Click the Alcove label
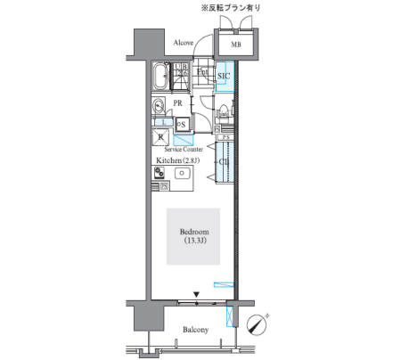click(184, 42)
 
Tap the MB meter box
click(236, 44)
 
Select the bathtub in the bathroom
click(161, 78)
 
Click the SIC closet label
click(225, 78)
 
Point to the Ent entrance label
click(203, 71)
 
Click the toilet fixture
click(220, 111)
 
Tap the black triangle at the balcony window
click(197, 293)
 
